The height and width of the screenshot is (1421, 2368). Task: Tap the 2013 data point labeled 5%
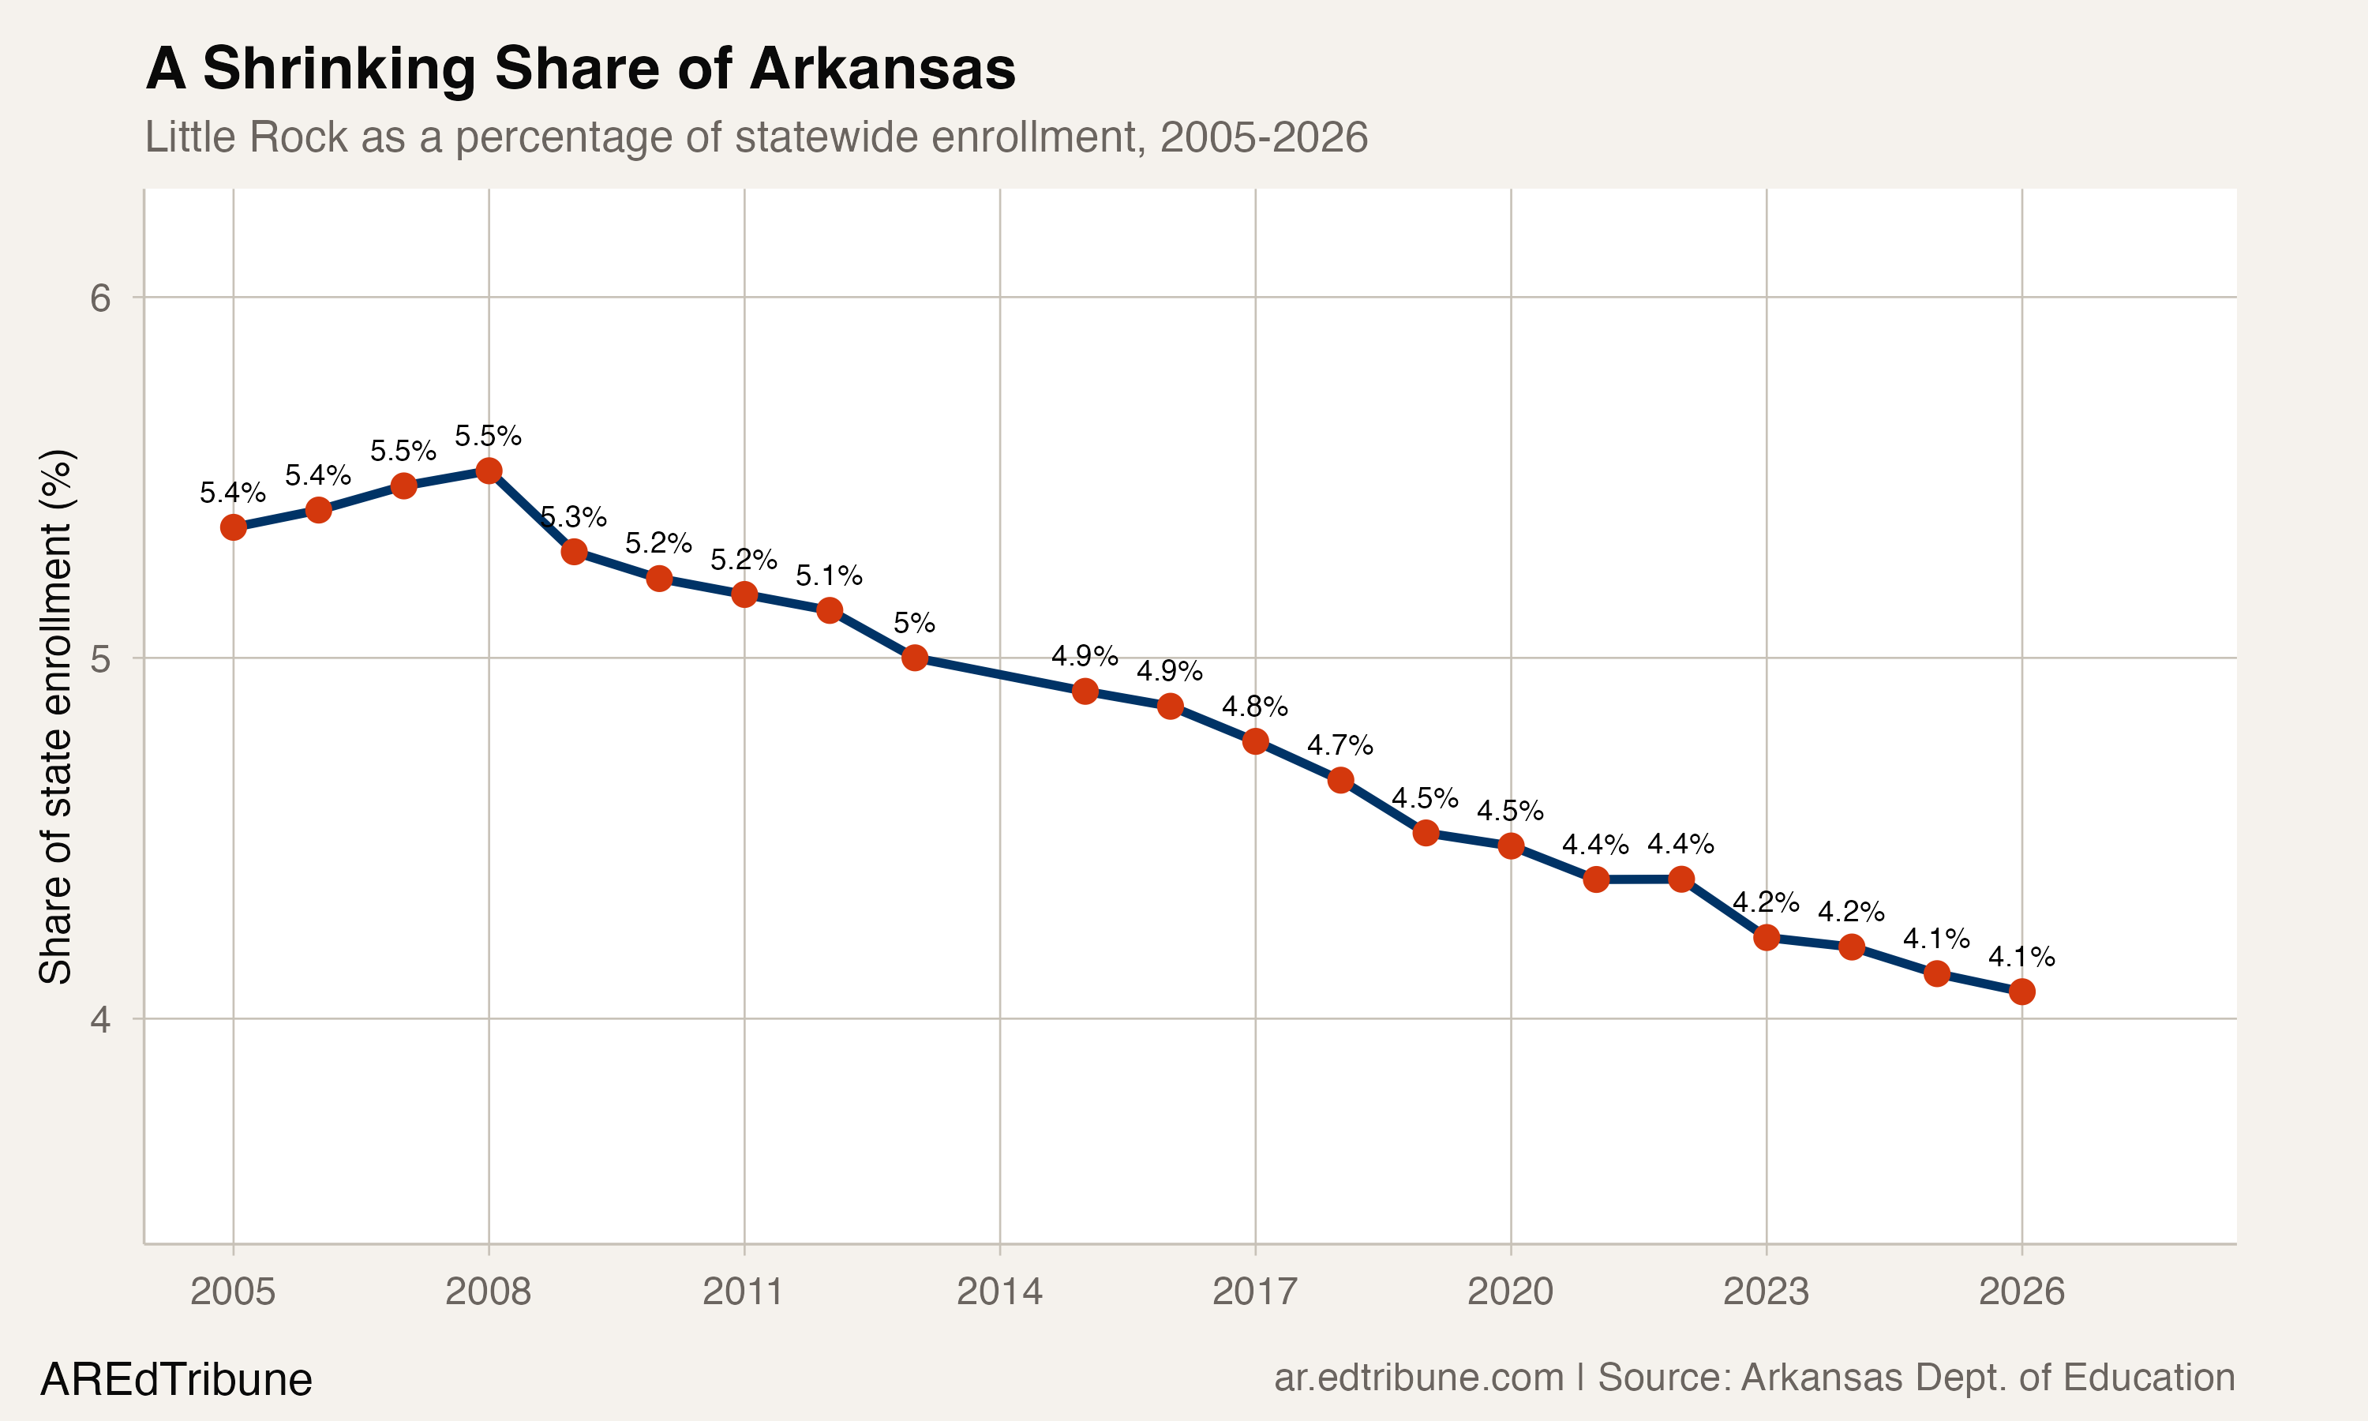pos(914,658)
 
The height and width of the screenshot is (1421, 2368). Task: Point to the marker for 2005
pos(233,527)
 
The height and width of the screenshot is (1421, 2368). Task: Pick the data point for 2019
pos(1426,832)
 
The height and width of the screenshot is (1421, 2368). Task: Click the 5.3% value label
pos(573,518)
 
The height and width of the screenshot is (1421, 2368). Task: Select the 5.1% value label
pos(829,576)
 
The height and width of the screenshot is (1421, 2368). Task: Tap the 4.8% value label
pos(1254,707)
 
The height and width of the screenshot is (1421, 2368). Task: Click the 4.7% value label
pos(1340,745)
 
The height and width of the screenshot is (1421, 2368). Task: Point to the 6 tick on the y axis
pos(100,298)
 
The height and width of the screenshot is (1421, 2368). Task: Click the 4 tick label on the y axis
pos(100,1019)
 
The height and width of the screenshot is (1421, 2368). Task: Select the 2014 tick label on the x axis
pos(999,1292)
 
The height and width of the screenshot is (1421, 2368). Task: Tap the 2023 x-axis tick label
pos(1766,1292)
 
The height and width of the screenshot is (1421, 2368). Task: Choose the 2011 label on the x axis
pos(744,1292)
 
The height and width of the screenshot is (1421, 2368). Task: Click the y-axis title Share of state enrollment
pos(55,715)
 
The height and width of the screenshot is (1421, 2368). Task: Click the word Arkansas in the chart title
pos(882,69)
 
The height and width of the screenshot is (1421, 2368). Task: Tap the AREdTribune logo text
pos(176,1380)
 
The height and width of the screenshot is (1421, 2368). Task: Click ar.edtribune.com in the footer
pos(1418,1377)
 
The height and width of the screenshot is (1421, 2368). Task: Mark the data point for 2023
pos(1766,936)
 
